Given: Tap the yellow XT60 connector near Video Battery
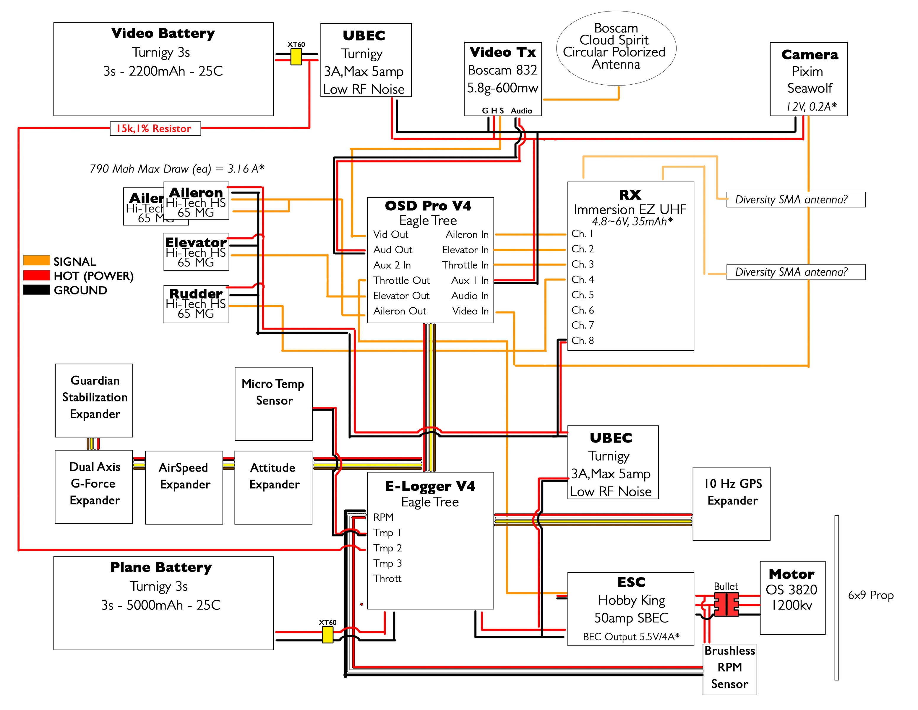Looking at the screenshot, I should pos(296,57).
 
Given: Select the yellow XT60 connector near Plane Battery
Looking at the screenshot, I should pos(327,635).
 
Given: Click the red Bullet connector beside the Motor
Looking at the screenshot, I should pos(726,604).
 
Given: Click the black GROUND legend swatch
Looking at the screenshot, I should pos(37,290).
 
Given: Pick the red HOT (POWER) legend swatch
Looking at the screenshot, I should pos(37,275).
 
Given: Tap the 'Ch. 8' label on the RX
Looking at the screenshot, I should pos(583,340).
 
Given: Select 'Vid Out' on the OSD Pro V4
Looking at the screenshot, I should pos(390,234).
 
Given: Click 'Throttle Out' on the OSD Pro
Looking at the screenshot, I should pos(401,280).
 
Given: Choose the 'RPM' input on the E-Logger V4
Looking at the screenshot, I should pos(383,517).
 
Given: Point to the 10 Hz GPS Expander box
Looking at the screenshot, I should pos(732,504).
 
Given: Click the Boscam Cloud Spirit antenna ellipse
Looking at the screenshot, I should pos(616,49).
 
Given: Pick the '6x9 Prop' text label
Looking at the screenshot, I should pos(870,595).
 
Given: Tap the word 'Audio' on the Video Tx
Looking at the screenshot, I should pos(521,111).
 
